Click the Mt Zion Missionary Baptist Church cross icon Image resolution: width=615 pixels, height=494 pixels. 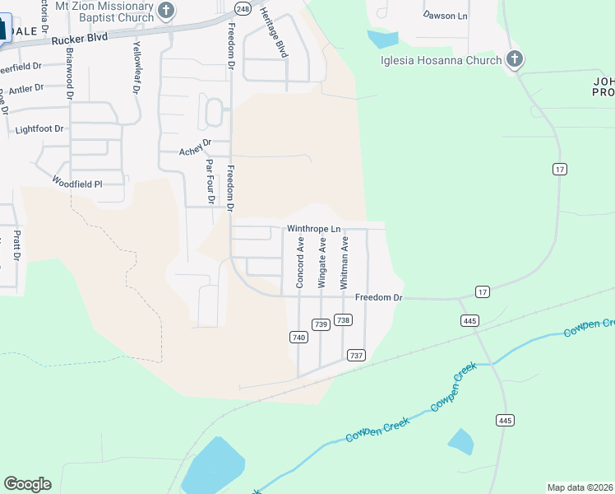166,11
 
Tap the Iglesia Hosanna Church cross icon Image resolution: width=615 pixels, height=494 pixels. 515,59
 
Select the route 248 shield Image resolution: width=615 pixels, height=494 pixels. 242,8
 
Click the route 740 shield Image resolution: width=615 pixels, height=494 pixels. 298,337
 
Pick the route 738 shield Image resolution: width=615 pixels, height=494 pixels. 344,320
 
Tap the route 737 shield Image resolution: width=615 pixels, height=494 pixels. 356,355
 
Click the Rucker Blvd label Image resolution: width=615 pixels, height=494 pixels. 81,40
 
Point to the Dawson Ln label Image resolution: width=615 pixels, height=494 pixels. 445,15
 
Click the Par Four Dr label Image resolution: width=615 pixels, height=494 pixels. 210,180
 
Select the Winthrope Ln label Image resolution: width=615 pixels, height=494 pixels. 313,228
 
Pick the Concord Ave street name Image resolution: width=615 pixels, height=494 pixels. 301,263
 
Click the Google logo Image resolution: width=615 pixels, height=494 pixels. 27,483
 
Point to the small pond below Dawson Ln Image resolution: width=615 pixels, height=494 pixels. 383,39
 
